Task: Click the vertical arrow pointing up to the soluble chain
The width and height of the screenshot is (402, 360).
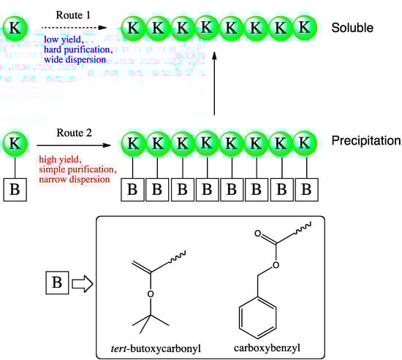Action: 214,80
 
